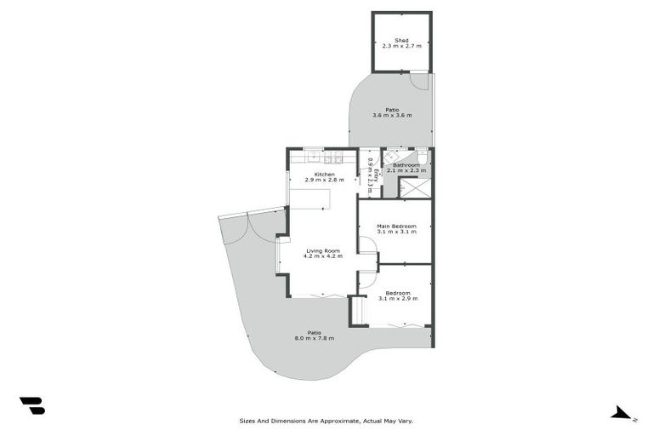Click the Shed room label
(402, 41)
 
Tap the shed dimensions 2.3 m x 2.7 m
(402, 48)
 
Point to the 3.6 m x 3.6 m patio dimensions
(392, 116)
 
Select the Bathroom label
(406, 165)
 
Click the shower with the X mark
(416, 188)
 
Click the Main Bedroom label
(396, 226)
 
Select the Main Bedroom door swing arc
(367, 244)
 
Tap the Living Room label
(323, 250)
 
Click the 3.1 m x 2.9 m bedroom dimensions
(398, 299)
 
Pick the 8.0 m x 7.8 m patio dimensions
(315, 339)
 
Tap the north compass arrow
(622, 413)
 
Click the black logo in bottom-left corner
(32, 406)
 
